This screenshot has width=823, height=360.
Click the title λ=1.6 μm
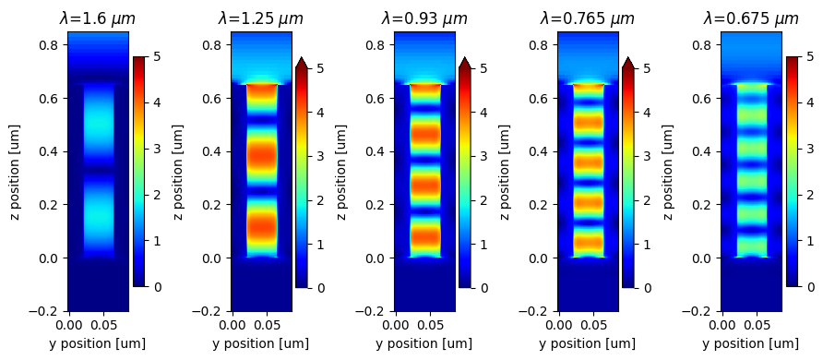pyautogui.click(x=98, y=18)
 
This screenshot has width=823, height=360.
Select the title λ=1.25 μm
pyautogui.click(x=261, y=18)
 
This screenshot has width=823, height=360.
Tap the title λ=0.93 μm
pyautogui.click(x=424, y=18)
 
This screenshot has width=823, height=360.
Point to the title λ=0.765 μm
pyautogui.click(x=588, y=18)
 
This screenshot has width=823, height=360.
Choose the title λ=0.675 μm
pyautogui.click(x=751, y=18)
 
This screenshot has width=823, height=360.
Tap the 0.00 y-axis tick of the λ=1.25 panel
pyautogui.click(x=233, y=325)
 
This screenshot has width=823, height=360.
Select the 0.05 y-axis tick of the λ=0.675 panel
pyautogui.click(x=757, y=325)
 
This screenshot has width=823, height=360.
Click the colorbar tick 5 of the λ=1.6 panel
pyautogui.click(x=157, y=56)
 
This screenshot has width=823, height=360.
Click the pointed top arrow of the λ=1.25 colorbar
pyautogui.click(x=301, y=62)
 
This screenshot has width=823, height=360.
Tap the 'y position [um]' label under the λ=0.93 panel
pyautogui.click(x=424, y=344)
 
